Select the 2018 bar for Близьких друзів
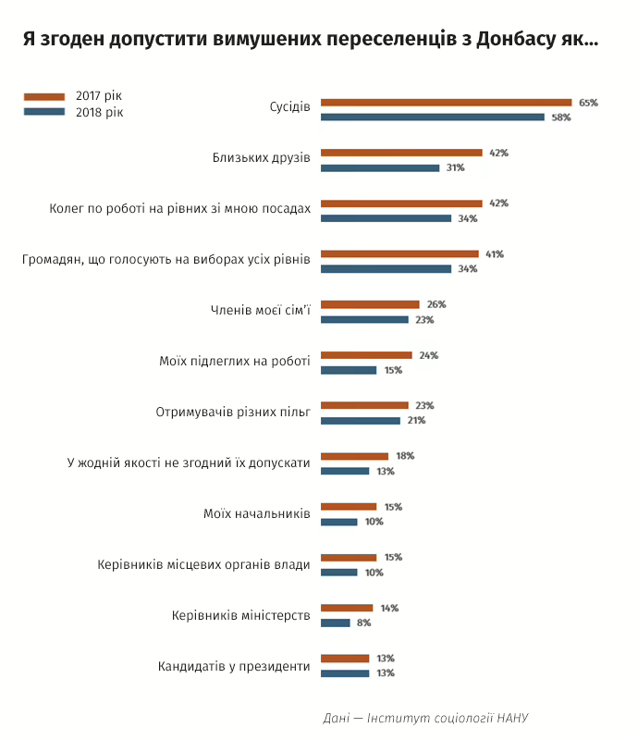[380, 167]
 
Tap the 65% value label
[588, 103]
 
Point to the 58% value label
[560, 117]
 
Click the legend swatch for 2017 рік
[43, 96]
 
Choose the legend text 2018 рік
[99, 112]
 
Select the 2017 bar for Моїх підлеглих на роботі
[366, 354]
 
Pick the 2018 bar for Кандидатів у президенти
[345, 673]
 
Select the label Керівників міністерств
[241, 615]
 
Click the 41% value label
[494, 253]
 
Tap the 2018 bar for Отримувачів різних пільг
[361, 420]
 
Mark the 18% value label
[404, 456]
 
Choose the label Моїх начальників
[257, 513]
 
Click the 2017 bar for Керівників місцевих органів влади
[349, 557]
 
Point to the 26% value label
[436, 304]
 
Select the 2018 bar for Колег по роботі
[386, 218]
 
